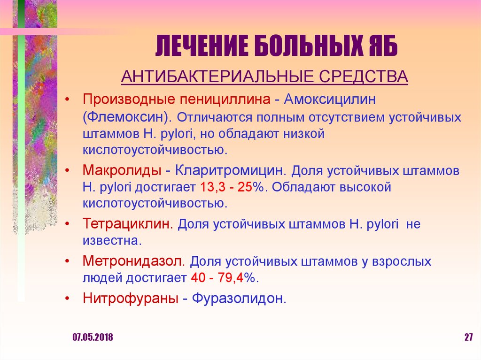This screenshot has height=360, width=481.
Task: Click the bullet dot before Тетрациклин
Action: [x=69, y=224]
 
